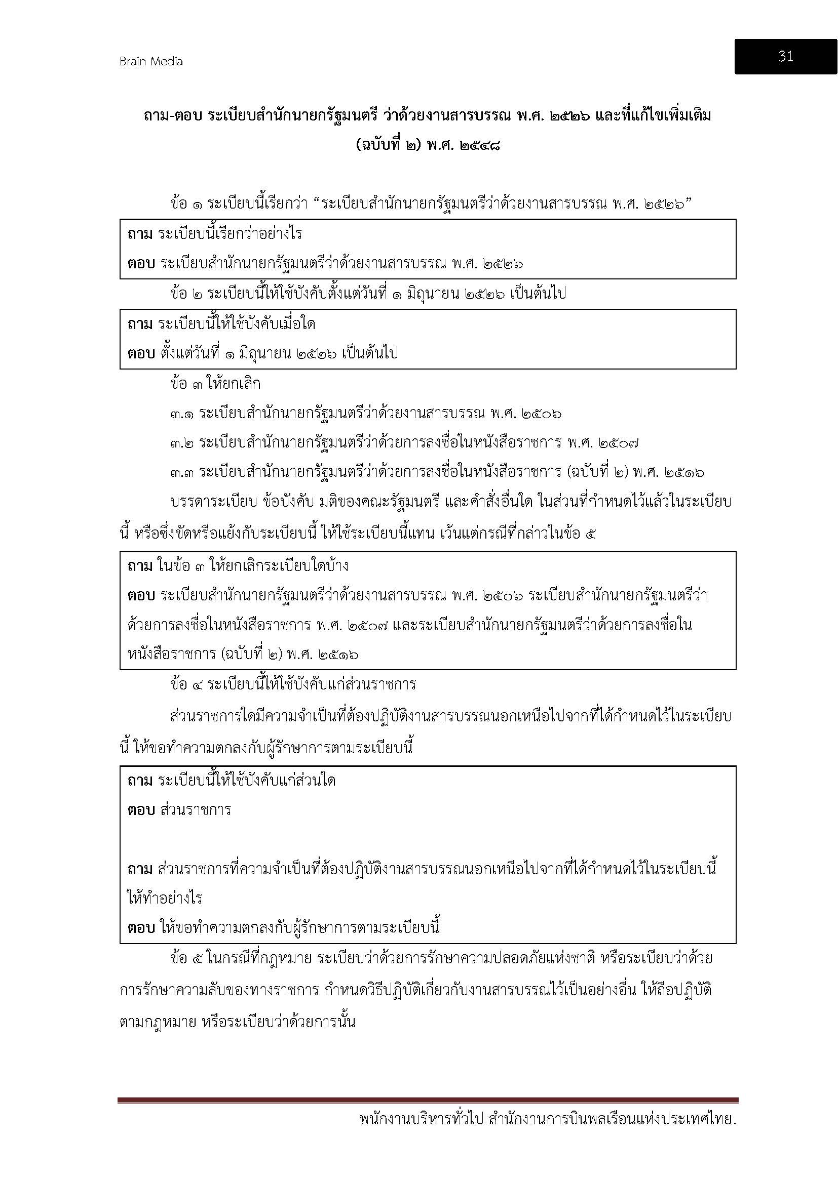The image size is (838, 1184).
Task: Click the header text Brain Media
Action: point(150,61)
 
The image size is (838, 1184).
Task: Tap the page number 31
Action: point(785,57)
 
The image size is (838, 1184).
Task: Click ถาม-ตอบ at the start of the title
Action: point(173,115)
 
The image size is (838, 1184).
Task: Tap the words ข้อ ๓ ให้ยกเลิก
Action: point(215,384)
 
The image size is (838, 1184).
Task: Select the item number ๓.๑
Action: point(182,414)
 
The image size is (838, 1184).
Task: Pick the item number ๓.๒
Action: point(182,443)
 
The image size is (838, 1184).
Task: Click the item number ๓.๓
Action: point(182,472)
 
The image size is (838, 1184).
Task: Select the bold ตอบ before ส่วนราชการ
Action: point(141,809)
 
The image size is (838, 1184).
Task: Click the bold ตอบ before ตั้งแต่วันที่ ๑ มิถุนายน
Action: point(141,353)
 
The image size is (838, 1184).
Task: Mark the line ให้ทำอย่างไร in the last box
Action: point(165,898)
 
